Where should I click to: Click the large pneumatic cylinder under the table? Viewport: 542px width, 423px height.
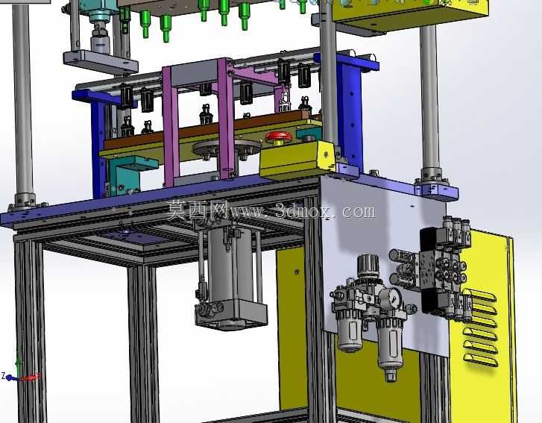(x=230, y=276)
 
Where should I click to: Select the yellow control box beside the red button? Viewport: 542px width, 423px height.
(x=297, y=160)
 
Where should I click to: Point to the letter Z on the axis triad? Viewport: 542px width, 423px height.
(x=3, y=375)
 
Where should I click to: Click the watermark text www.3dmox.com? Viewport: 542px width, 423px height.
(x=303, y=210)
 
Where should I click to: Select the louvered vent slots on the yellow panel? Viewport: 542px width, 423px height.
(x=481, y=327)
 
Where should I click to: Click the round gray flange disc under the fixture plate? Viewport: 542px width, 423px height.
(x=227, y=148)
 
